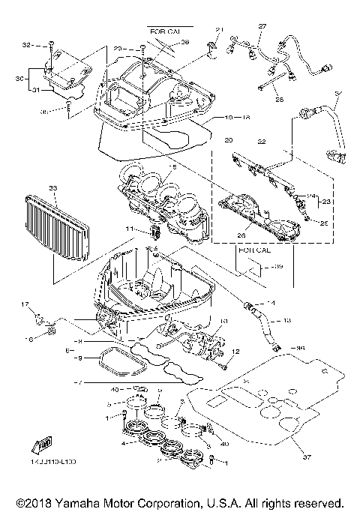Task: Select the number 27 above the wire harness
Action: pos(262,26)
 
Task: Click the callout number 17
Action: pos(25,304)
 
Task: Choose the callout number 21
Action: pos(220,30)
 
